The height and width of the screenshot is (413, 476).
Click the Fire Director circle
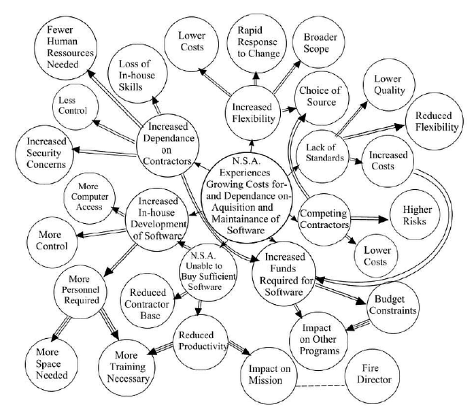(x=372, y=376)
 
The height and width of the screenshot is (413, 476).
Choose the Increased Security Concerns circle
(x=46, y=152)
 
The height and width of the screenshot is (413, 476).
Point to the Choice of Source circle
(x=318, y=97)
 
